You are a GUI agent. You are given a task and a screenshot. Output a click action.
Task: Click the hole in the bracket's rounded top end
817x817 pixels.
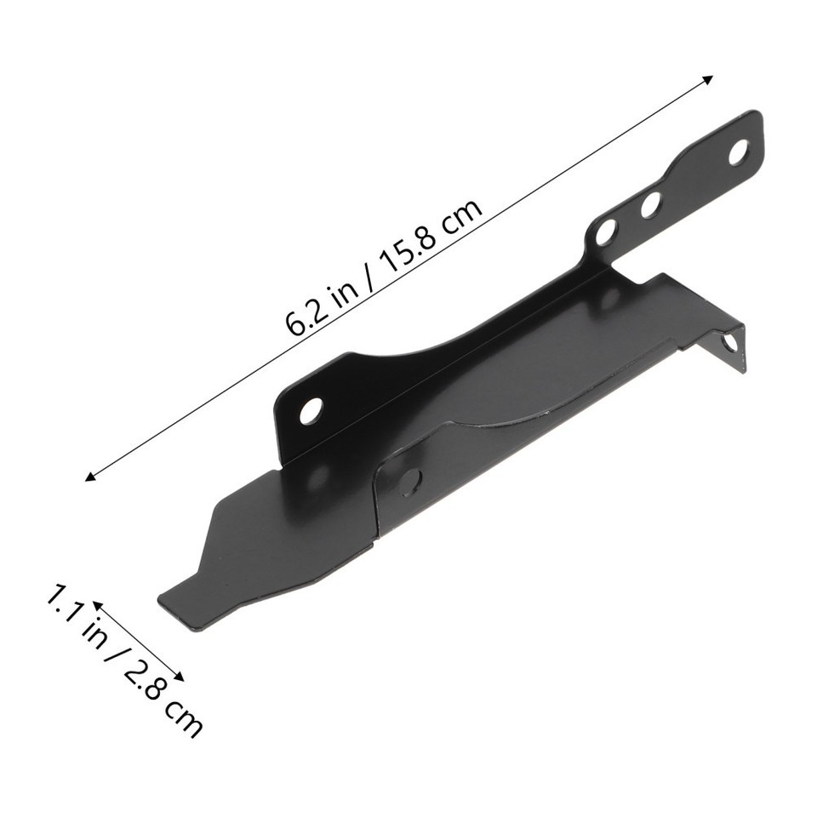pyautogui.click(x=738, y=151)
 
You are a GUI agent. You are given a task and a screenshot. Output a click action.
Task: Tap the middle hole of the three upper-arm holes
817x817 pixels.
pyautogui.click(x=651, y=204)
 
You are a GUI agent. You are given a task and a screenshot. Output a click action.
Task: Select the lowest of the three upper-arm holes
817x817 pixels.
pyautogui.click(x=606, y=231)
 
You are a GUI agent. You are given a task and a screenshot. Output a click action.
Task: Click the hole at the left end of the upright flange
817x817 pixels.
pyautogui.click(x=311, y=411)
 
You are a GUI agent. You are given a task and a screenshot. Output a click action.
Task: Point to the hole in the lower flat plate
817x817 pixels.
pyautogui.click(x=410, y=481)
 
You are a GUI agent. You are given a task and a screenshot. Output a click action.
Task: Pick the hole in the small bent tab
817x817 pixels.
pyautogui.click(x=729, y=342)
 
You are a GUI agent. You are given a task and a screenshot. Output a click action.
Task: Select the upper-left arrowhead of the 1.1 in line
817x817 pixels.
pyautogui.click(x=97, y=603)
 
